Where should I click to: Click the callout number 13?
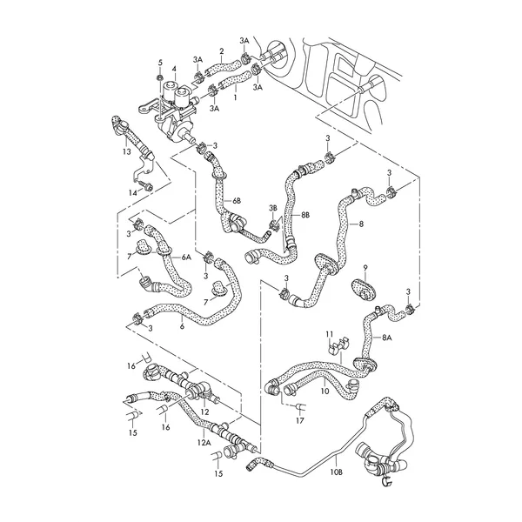tap(127, 151)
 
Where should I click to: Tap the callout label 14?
tap(133, 192)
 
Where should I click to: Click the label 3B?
tap(272, 208)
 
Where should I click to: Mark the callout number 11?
tap(330, 333)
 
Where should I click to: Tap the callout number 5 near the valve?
tap(160, 64)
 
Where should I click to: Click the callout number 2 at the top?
tap(221, 51)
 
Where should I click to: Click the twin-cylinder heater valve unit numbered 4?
tap(179, 104)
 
